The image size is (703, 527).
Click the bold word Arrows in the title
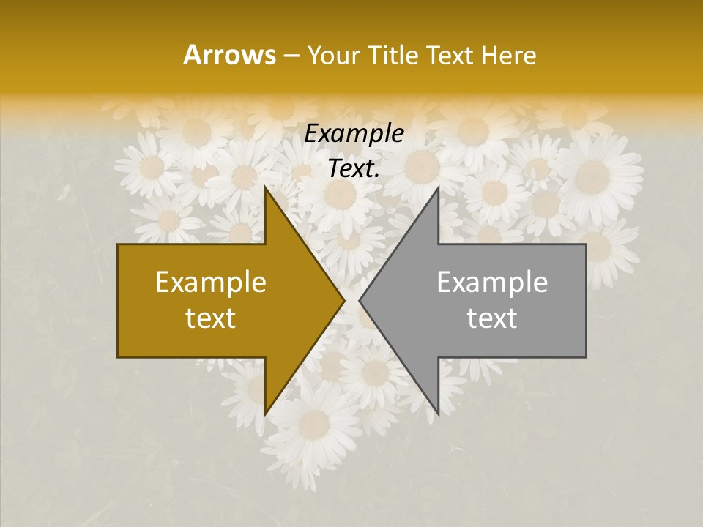229,55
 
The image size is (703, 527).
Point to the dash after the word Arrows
290,56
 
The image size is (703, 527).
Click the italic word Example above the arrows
354,134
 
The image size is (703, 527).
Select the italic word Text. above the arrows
354,168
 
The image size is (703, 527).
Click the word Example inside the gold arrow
211,283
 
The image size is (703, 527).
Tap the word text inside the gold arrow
211,318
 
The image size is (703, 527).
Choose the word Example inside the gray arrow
492,283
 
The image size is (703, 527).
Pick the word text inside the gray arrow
492,318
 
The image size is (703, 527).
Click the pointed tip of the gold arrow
344,301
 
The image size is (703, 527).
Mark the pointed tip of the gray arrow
360,301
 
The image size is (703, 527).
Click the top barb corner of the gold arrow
265,187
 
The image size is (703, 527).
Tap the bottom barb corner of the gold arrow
265,415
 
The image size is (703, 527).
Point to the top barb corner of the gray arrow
438,187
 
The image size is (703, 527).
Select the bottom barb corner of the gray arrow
438,415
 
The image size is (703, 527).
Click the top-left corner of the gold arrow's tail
118,244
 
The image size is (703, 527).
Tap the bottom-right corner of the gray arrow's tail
586,357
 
